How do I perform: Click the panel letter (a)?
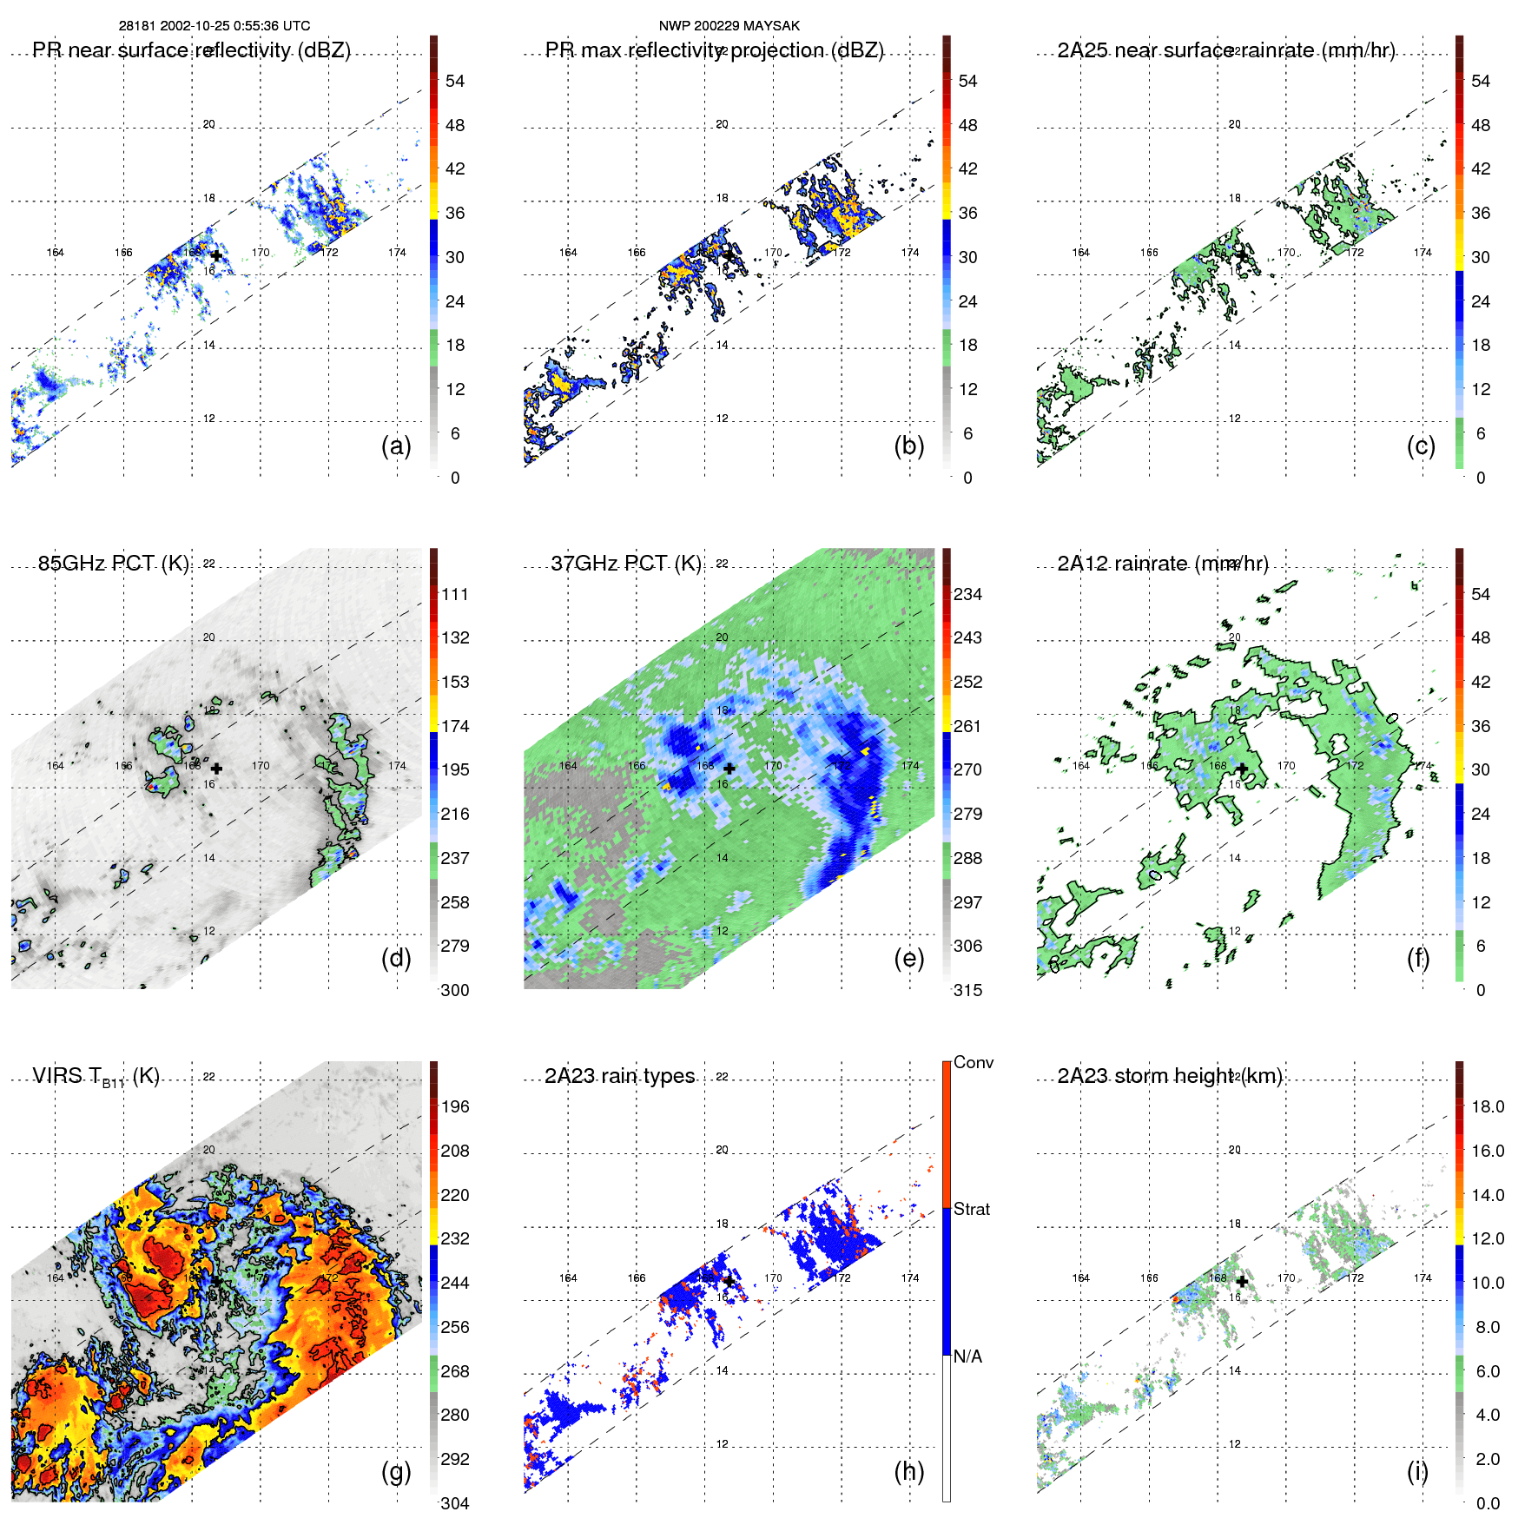point(396,446)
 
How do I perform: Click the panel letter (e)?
point(908,959)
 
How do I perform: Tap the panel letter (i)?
point(1417,1471)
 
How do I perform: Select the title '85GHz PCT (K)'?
point(114,564)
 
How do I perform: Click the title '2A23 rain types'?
point(619,1076)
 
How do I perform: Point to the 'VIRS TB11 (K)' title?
point(96,1077)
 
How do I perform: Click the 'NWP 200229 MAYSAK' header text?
point(729,26)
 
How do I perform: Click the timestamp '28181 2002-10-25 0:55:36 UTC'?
point(215,26)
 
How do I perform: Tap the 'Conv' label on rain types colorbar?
point(973,1062)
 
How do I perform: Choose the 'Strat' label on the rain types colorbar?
point(971,1209)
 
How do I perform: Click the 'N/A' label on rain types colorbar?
point(967,1356)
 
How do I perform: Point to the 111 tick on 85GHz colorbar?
point(455,594)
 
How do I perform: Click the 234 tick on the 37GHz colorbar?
point(967,594)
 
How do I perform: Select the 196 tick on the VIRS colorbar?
point(455,1106)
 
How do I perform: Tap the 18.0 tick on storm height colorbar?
point(1488,1106)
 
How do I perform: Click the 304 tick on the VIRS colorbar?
point(455,1503)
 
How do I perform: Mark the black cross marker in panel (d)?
point(216,769)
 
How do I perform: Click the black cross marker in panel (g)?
point(216,1281)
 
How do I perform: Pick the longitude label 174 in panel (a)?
point(397,253)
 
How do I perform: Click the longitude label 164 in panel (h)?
point(568,1278)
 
